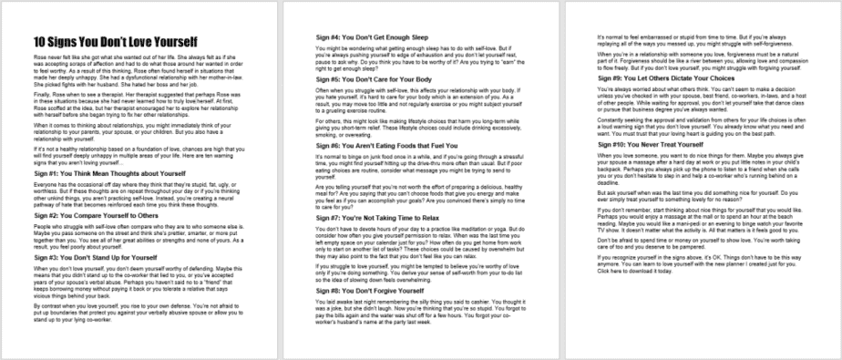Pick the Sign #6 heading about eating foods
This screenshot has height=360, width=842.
pyautogui.click(x=373, y=145)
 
